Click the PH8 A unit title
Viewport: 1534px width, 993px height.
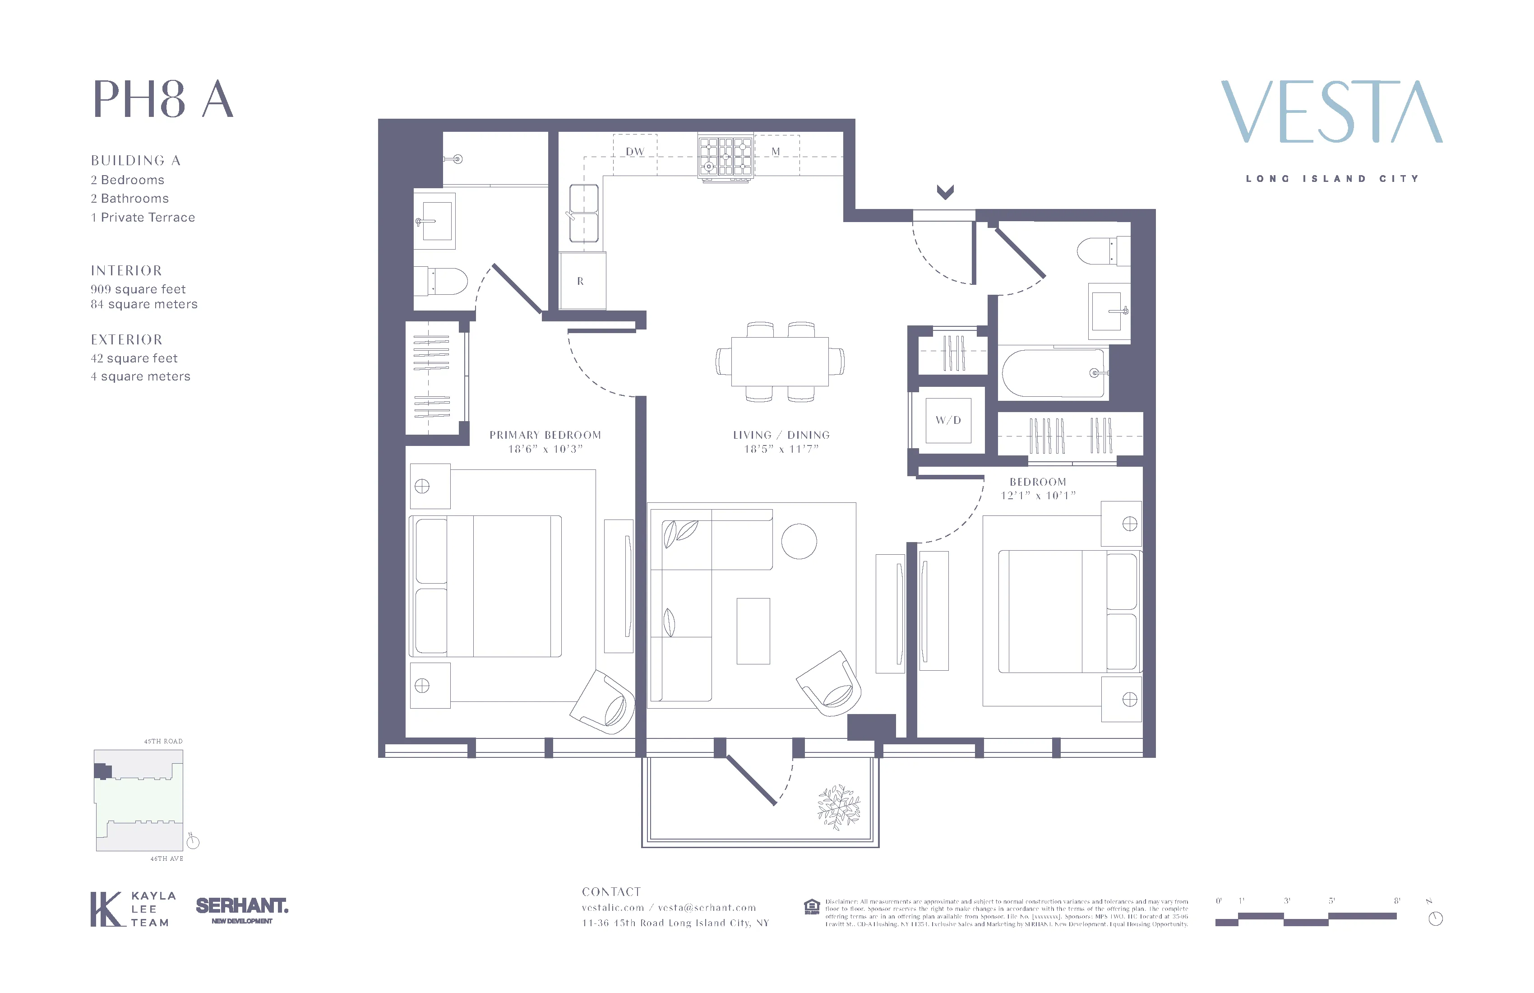[x=163, y=99]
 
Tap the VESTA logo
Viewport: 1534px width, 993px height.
[x=1331, y=112]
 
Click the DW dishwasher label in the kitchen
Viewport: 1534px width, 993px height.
[x=635, y=152]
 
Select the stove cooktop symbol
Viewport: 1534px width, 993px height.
[x=726, y=156]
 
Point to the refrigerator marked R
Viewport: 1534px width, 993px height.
[x=582, y=281]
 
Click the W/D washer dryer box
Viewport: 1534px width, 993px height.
[x=948, y=420]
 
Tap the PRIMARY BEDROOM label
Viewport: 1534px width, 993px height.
[x=545, y=435]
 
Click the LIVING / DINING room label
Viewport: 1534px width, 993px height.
[x=781, y=435]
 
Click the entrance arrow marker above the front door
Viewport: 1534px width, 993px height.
[x=945, y=191]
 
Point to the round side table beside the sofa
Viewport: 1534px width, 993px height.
[x=799, y=541]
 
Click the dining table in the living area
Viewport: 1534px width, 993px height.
[x=780, y=361]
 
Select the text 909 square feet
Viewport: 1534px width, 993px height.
[x=138, y=289]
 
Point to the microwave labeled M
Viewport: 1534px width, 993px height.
[x=776, y=152]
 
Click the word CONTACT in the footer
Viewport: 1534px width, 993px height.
[x=611, y=892]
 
